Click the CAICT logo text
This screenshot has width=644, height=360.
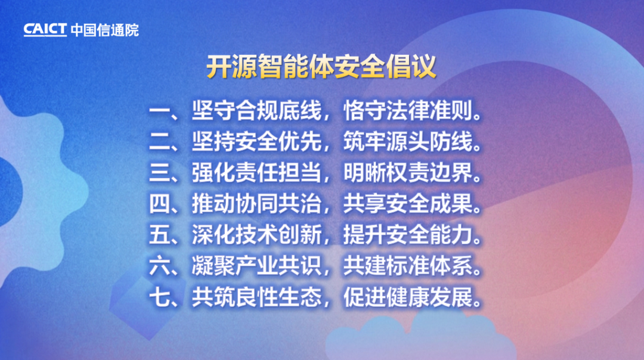[45, 30]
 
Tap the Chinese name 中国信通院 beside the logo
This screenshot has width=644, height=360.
[105, 30]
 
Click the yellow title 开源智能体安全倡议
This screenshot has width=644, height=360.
[321, 66]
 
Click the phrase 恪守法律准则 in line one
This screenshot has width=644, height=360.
[408, 110]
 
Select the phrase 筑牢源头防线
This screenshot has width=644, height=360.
[408, 142]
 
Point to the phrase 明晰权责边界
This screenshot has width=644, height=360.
[408, 173]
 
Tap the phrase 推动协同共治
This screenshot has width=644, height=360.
[256, 204]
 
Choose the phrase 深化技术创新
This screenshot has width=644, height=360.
[256, 235]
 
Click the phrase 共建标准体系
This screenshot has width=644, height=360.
[408, 266]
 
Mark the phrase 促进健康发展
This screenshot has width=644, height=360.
[408, 297]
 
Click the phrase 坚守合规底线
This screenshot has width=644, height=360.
[256, 110]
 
